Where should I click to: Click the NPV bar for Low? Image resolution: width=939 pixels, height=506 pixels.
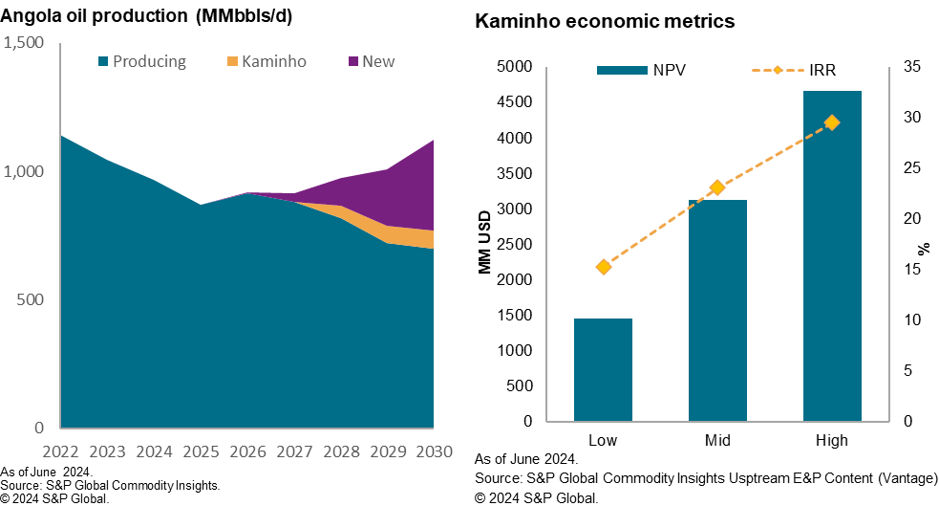pos(603,369)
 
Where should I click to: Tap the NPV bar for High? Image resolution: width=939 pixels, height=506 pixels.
pos(832,255)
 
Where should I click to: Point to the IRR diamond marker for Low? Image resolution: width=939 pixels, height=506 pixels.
pos(603,267)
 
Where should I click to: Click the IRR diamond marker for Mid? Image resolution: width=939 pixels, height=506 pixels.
pos(717,187)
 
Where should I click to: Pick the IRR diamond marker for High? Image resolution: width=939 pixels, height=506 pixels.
pos(832,122)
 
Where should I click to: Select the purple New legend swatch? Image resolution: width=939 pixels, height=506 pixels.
pos(353,62)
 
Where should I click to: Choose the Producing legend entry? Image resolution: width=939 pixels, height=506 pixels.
pos(142,62)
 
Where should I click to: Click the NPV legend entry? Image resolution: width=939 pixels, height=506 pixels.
pos(649,70)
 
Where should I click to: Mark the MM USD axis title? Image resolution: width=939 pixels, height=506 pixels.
pos(485,242)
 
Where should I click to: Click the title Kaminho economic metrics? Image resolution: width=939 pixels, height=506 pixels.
pos(605,21)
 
